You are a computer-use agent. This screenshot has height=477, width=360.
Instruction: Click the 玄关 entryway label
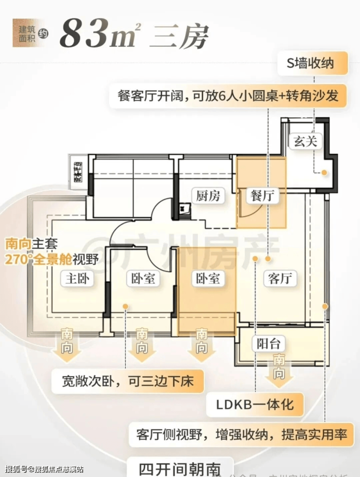[x=305, y=141]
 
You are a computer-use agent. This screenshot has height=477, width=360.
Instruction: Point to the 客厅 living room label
[x=280, y=278]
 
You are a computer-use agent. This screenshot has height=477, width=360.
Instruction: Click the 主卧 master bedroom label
[x=78, y=279]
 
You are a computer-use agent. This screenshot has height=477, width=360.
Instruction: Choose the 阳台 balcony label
[x=268, y=344]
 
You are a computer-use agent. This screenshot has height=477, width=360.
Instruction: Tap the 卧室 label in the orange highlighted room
[x=207, y=279]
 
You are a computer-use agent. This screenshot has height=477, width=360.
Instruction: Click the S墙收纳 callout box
[x=313, y=64]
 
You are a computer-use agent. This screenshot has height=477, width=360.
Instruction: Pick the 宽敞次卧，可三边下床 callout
[x=127, y=380]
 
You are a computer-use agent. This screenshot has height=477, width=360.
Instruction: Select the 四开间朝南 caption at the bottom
[x=180, y=468]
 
